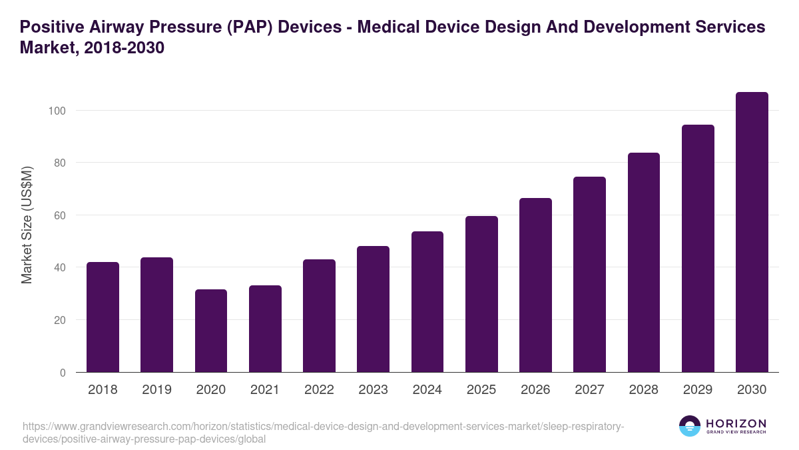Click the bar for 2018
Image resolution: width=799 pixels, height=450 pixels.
click(x=103, y=317)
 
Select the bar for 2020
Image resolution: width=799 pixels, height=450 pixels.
click(x=211, y=331)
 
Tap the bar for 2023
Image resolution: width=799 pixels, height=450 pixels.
click(x=373, y=309)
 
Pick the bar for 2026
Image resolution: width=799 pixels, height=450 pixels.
click(x=535, y=285)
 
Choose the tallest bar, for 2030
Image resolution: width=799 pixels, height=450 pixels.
click(x=752, y=232)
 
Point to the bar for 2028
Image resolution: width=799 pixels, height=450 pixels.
click(x=644, y=263)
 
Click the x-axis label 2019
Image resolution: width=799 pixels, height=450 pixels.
click(x=156, y=390)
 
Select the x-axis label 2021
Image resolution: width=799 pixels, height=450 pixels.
click(x=265, y=390)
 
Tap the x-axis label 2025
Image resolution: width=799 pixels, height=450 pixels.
click(x=481, y=390)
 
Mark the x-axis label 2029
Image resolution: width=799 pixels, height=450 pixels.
click(x=698, y=390)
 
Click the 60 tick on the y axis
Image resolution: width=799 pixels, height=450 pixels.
click(x=60, y=215)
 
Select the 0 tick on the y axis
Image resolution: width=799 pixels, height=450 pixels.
click(x=63, y=373)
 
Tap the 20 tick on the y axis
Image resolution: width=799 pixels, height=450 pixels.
click(x=60, y=320)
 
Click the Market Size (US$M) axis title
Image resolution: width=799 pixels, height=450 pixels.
click(x=27, y=225)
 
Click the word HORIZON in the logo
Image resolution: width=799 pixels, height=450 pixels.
click(x=736, y=423)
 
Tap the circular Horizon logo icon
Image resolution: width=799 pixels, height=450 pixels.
click(x=689, y=426)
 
